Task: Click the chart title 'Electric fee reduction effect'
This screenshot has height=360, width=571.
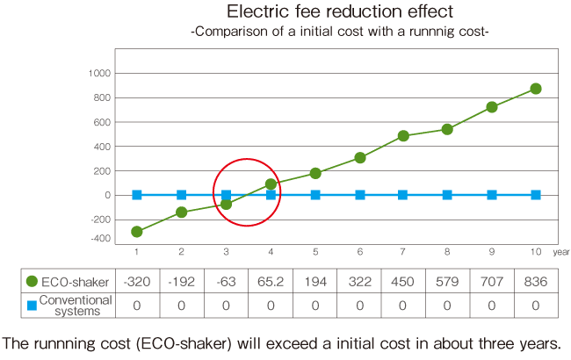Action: pos(339,12)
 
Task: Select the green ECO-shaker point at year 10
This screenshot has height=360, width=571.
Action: pos(536,89)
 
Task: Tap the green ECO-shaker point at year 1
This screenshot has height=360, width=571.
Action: pos(137,232)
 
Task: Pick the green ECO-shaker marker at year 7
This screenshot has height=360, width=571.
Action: pos(403,136)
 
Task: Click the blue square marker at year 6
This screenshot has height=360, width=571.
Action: pos(359,195)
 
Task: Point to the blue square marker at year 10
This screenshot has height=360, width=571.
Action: pos(536,195)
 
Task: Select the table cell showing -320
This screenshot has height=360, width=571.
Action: pos(137,282)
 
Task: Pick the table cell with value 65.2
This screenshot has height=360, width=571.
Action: pos(270,282)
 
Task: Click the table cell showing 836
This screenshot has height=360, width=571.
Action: pos(535,282)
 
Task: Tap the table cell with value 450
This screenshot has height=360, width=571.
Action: pos(402,282)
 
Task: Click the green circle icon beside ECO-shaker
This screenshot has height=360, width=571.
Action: pos(33,282)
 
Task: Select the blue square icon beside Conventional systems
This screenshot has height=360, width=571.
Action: pos(33,305)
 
